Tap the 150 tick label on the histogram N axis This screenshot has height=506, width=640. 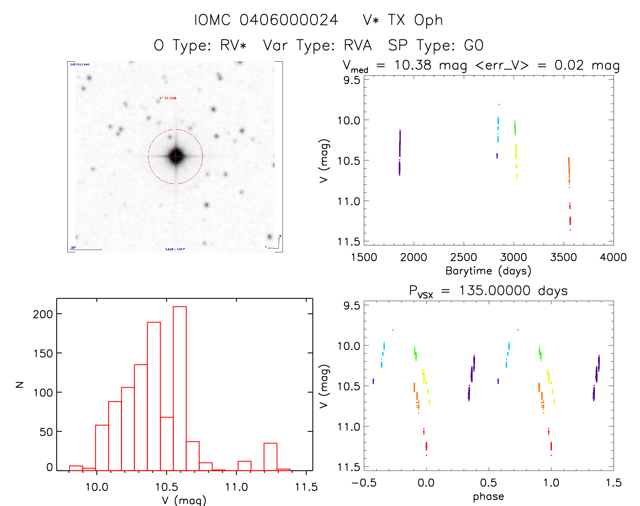pos(43,354)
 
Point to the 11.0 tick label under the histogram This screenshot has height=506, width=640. pos(236,487)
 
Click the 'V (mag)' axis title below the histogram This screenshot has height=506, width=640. pos(184,500)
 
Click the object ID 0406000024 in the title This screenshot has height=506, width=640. pos(289,20)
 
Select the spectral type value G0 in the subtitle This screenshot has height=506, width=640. pos(474,45)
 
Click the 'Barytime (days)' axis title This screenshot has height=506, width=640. pos(488,271)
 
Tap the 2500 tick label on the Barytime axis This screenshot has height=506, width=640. pos(463,257)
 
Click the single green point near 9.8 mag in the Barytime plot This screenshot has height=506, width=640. pos(499,104)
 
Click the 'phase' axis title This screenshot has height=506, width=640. pos(488,497)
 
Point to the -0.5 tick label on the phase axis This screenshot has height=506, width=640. pos(364,483)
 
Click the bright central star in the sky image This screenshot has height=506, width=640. pos(176,156)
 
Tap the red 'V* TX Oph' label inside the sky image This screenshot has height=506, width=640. pos(168,98)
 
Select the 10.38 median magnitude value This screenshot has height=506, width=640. pos(413,65)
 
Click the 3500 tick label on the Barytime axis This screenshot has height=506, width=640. pos(563,257)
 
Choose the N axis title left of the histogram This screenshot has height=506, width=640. pos(20,384)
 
